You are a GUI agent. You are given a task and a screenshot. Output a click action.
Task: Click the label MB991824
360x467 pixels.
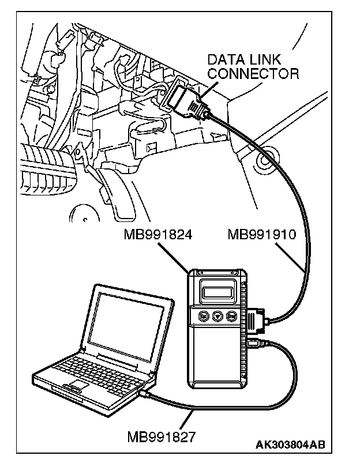pyautogui.click(x=157, y=235)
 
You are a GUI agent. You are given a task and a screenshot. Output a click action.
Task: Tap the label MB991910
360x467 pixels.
pyautogui.click(x=262, y=235)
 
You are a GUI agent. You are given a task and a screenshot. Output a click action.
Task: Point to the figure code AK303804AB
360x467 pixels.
pyautogui.click(x=290, y=445)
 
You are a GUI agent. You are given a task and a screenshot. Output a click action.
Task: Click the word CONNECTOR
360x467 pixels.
pyautogui.click(x=253, y=73)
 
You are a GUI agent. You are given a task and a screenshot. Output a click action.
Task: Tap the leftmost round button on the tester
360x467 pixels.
pyautogui.click(x=202, y=317)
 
